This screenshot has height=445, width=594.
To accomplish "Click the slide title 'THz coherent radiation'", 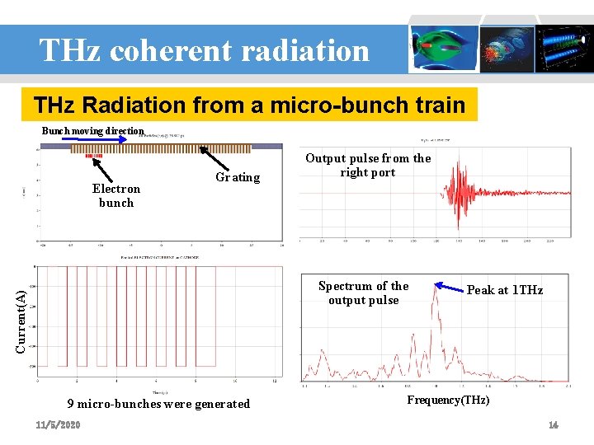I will click(204, 51).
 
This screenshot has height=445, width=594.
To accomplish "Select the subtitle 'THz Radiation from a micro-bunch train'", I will click(249, 105).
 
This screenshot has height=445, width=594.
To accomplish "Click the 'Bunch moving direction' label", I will click(93, 131).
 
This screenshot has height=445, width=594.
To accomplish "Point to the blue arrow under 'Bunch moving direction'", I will click(94, 139).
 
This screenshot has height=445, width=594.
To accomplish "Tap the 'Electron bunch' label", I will click(116, 195).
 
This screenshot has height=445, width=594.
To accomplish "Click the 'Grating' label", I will click(237, 177).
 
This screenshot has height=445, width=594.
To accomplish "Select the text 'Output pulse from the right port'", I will click(368, 165).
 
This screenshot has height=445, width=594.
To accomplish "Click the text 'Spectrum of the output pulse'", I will click(363, 293).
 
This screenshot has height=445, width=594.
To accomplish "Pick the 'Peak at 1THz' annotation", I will click(505, 290).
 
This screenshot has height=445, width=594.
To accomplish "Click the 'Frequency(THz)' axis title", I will click(449, 400).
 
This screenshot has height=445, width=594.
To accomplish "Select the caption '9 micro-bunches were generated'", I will click(158, 404).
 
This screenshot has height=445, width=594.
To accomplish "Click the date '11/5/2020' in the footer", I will click(58, 424).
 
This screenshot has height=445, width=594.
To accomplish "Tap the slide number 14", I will click(554, 424).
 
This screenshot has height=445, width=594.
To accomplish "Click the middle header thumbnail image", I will click(507, 48).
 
